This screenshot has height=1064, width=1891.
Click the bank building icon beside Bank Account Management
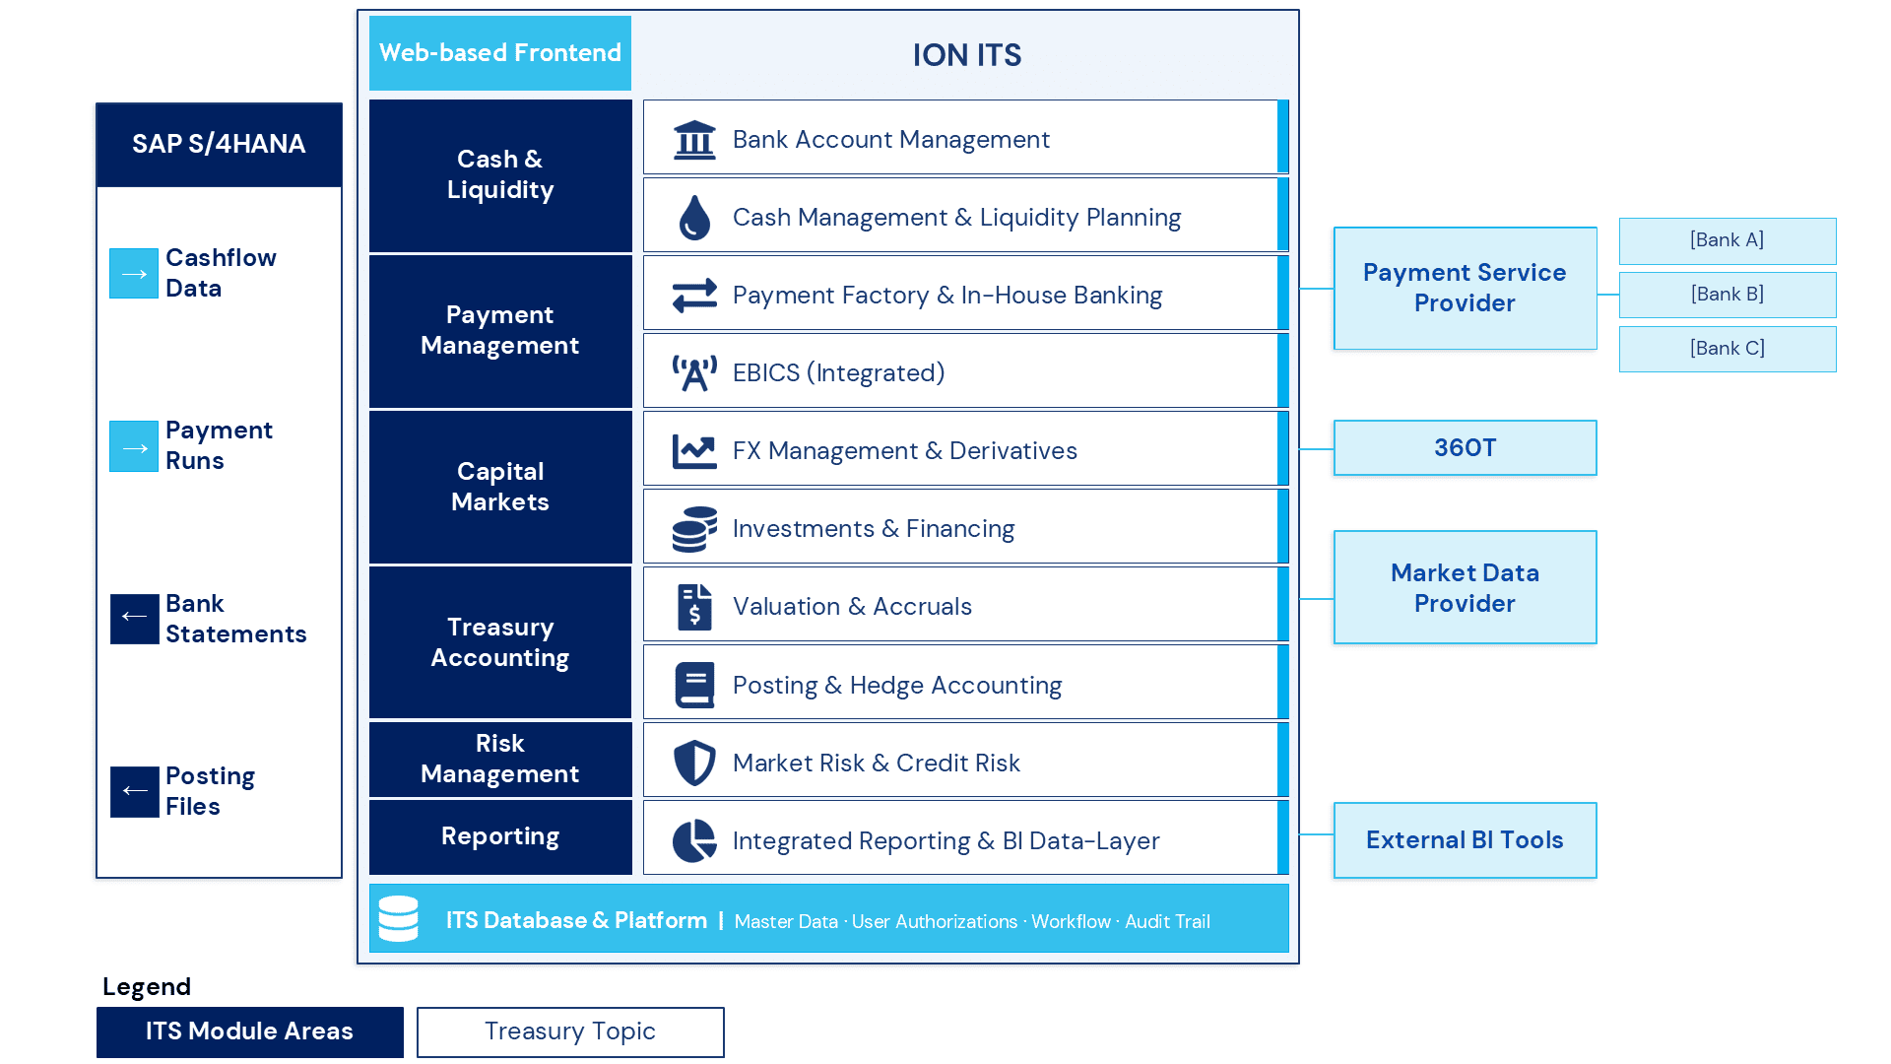coord(694,139)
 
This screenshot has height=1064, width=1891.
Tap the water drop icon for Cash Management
coord(694,218)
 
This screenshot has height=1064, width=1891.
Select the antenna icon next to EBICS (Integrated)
coord(694,373)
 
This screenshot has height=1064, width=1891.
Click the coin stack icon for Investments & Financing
coord(694,529)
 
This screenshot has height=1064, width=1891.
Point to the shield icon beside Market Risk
coord(694,763)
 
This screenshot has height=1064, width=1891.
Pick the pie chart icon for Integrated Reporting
coord(694,840)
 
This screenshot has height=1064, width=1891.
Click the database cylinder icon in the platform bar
coord(399,918)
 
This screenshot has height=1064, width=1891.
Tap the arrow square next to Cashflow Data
coord(134,273)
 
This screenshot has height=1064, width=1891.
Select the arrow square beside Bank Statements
coord(134,619)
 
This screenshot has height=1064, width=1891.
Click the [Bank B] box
coord(1728,295)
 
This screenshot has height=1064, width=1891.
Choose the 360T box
coord(1466,448)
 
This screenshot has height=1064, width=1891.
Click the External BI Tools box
coord(1466,840)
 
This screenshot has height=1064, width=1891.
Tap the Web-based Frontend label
coord(500,53)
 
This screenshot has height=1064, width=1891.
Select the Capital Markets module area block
coord(500,487)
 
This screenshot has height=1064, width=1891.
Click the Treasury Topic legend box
coord(570,1031)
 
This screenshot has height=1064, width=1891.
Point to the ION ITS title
coord(967,55)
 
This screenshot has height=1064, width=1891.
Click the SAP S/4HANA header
coord(219,145)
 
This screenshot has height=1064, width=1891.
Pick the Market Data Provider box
coord(1466,588)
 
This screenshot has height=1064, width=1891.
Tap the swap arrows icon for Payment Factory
coord(694,296)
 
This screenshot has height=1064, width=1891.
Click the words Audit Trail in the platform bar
coord(1167,921)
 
